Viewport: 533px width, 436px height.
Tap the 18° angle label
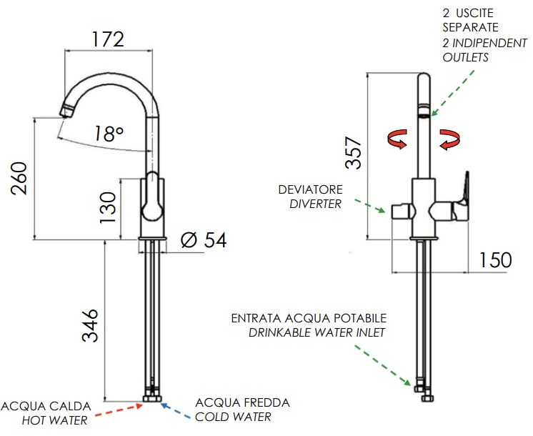pyautogui.click(x=109, y=133)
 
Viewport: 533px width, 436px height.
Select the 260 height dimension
pyautogui.click(x=19, y=179)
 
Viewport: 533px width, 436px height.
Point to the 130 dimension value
pyautogui.click(x=108, y=207)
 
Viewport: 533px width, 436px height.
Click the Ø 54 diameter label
pyautogui.click(x=204, y=240)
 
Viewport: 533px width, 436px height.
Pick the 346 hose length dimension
pyautogui.click(x=90, y=326)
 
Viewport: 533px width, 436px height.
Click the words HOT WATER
pyautogui.click(x=54, y=420)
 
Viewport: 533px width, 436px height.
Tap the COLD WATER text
pyautogui.click(x=233, y=417)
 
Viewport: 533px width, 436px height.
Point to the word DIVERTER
pyautogui.click(x=315, y=204)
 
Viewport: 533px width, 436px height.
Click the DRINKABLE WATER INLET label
pyautogui.click(x=317, y=332)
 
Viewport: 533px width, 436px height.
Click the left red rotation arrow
pyautogui.click(x=397, y=139)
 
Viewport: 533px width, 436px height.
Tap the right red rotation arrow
pyautogui.click(x=449, y=139)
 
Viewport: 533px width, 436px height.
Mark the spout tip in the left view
pyautogui.click(x=66, y=111)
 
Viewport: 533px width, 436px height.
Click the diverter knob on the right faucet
pyautogui.click(x=400, y=212)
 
